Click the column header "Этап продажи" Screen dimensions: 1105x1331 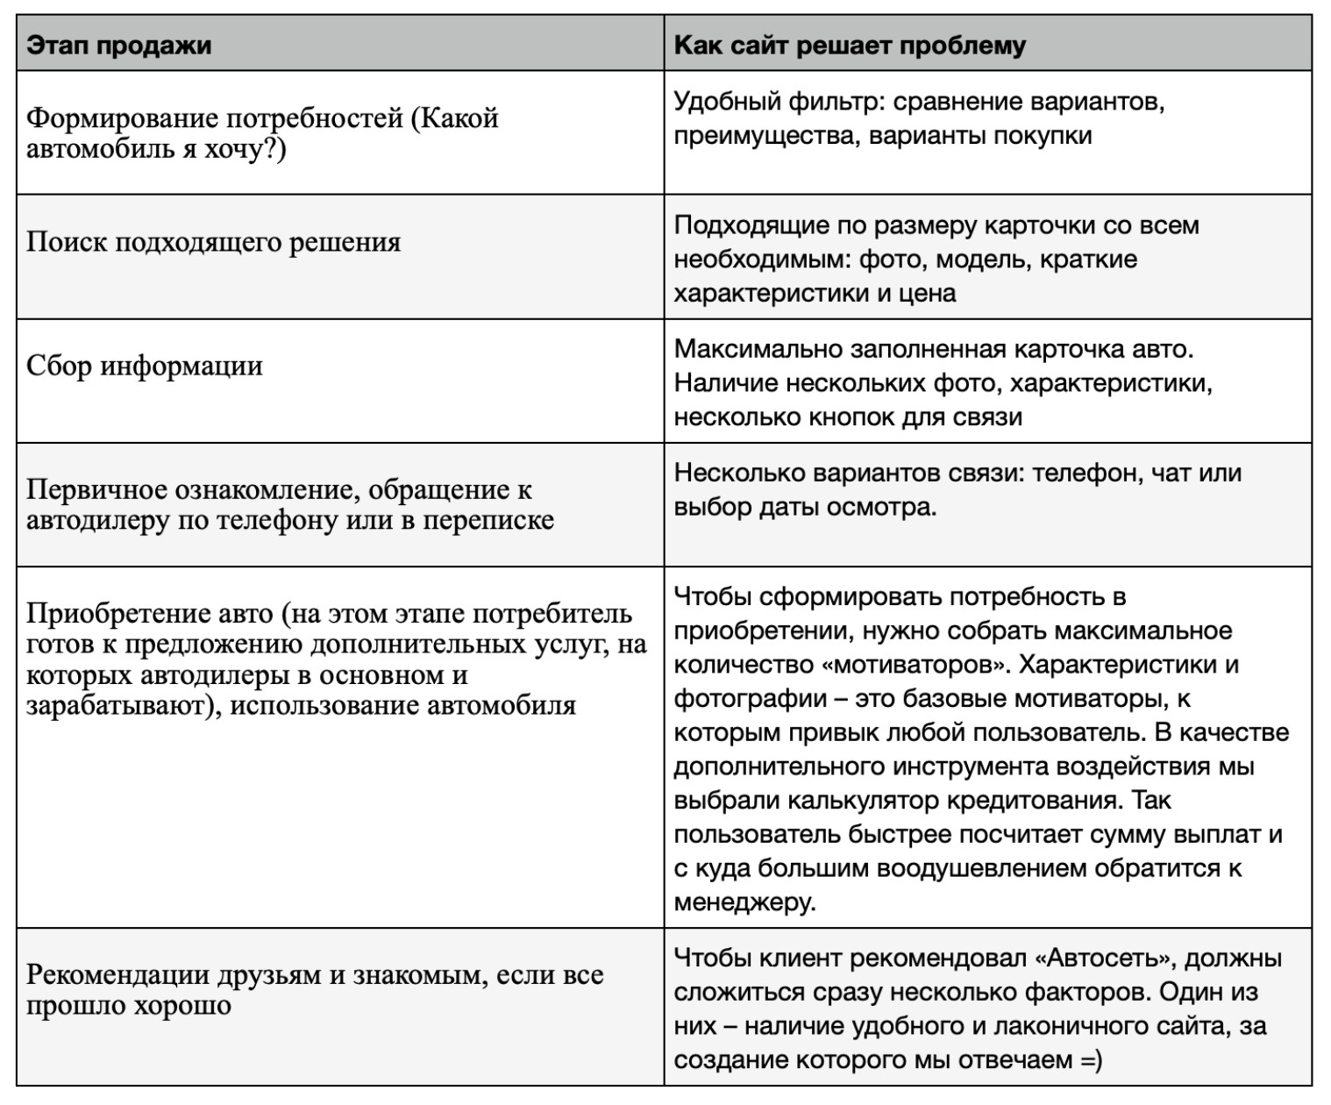[118, 45]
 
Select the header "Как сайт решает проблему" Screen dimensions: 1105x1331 [849, 45]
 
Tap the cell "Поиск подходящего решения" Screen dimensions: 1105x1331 [213, 242]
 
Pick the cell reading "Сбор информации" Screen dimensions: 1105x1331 [145, 366]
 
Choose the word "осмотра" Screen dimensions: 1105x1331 [888, 507]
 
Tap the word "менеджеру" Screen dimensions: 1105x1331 [744, 902]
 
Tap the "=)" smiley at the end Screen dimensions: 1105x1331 [1091, 1059]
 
